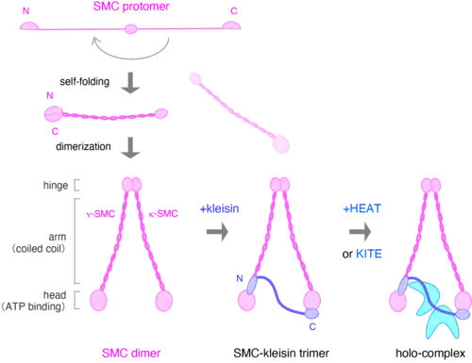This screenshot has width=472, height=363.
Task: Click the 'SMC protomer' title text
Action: point(131,7)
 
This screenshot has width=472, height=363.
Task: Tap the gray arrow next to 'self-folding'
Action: point(130,83)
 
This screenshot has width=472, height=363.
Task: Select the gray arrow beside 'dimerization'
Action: point(130,148)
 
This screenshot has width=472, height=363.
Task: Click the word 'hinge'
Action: point(56,186)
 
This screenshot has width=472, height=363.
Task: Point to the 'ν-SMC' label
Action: point(101,214)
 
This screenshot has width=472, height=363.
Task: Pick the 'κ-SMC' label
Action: point(163,214)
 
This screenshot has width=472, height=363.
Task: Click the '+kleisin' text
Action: point(219,208)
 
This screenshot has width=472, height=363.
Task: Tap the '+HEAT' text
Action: point(362,208)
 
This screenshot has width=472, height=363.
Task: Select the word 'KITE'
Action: point(369,254)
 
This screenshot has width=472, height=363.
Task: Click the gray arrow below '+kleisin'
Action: point(217,232)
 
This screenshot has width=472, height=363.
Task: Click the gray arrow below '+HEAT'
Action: point(360,232)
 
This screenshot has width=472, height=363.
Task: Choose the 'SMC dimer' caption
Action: point(131,354)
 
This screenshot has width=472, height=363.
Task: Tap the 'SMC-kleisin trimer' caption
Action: point(281,354)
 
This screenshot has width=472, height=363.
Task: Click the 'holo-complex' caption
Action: point(430,354)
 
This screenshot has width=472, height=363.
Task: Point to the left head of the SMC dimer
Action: point(98,301)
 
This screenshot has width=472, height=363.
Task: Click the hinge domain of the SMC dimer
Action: point(132,185)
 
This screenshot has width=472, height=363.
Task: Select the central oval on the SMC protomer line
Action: point(131,29)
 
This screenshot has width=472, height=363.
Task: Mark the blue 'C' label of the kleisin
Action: point(312,327)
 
